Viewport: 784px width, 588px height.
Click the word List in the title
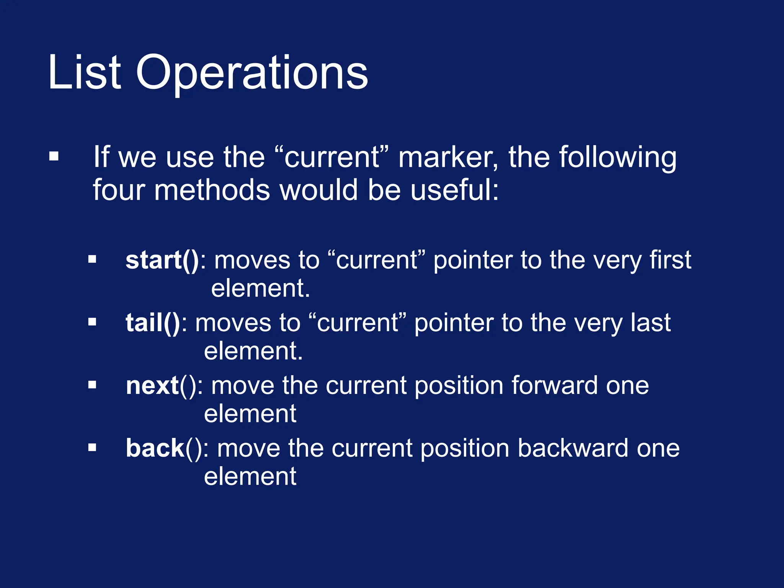tap(85, 73)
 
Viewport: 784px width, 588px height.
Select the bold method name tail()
tap(153, 323)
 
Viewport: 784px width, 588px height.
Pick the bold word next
tap(152, 385)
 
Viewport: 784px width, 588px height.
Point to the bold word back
tap(155, 448)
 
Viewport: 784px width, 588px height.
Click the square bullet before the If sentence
tap(54, 156)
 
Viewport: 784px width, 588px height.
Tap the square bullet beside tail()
tap(92, 322)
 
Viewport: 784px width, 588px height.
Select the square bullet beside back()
tap(92, 447)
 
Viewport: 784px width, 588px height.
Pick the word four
tap(118, 190)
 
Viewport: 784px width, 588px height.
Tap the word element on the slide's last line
tap(250, 477)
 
